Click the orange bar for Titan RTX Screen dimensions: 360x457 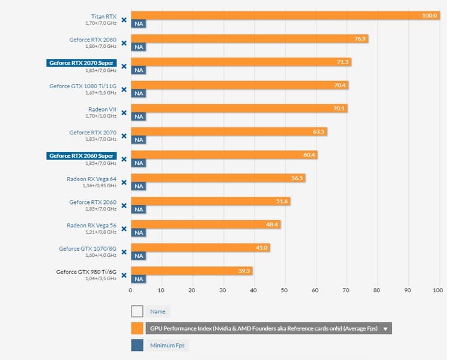(x=285, y=16)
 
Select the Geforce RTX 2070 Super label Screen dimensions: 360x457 (x=81, y=62)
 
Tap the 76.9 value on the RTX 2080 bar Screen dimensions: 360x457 (x=360, y=38)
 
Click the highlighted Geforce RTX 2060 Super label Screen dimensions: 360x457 (x=81, y=155)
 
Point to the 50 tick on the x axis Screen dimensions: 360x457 (x=284, y=290)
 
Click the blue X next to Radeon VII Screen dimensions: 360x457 (x=124, y=113)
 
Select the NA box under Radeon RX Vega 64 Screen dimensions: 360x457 (x=139, y=186)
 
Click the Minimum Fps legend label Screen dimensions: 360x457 (x=167, y=346)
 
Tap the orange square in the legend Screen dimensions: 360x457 (x=137, y=328)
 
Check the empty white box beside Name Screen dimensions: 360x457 (x=137, y=311)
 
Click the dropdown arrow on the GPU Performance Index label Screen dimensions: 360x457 (x=385, y=329)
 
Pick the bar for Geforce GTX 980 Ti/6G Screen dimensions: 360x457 (x=191, y=271)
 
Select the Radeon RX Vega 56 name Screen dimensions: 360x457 (x=91, y=225)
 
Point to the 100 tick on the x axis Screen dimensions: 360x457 (x=438, y=290)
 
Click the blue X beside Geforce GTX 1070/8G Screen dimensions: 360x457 (x=124, y=252)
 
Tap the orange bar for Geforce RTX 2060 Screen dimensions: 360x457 (x=210, y=201)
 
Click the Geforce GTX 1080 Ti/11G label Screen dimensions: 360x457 (x=83, y=86)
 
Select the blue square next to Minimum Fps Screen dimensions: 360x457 (x=137, y=346)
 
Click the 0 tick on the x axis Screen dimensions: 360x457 (x=130, y=290)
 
